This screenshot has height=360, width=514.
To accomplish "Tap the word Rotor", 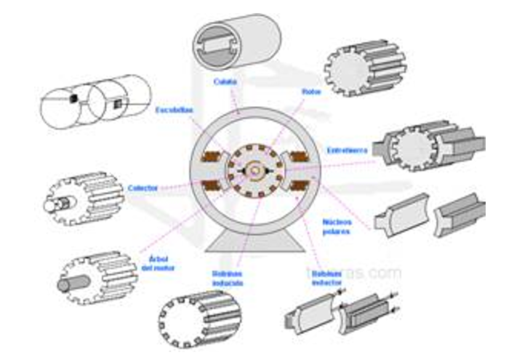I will tap(311, 92).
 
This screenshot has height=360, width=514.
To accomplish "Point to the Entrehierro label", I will tap(348, 150).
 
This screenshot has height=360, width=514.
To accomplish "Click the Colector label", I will tap(142, 188).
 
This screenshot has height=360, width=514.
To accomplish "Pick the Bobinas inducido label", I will tap(228, 278).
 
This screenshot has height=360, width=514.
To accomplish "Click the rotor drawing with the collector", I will tap(82, 196).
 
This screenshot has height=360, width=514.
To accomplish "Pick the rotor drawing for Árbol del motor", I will tap(93, 276).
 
